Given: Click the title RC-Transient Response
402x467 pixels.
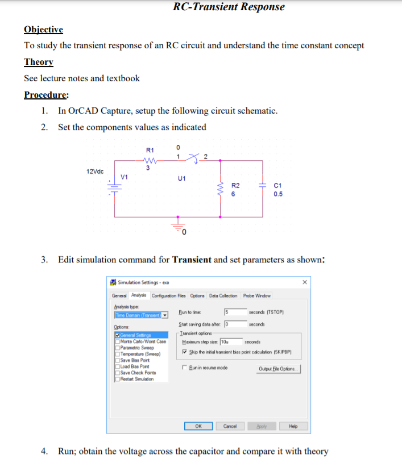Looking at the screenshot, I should [229, 7].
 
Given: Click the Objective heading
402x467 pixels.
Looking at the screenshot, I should [43, 30].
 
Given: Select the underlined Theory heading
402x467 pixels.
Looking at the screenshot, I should [39, 62].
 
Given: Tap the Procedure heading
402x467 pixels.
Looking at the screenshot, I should [47, 95].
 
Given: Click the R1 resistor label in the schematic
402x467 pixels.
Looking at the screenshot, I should [150, 149].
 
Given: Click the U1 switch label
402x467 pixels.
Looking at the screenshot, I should [182, 178].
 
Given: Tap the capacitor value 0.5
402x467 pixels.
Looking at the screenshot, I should [278, 194].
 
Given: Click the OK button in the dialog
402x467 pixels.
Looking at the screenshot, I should [198, 426].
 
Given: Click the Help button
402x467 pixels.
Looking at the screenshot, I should [293, 426].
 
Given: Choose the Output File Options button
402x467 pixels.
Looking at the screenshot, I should [279, 368].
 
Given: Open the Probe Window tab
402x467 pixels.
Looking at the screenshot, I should [257, 295].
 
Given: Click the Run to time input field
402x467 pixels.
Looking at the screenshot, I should [234, 312].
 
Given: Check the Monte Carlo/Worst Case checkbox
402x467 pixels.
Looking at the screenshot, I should [117, 341].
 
